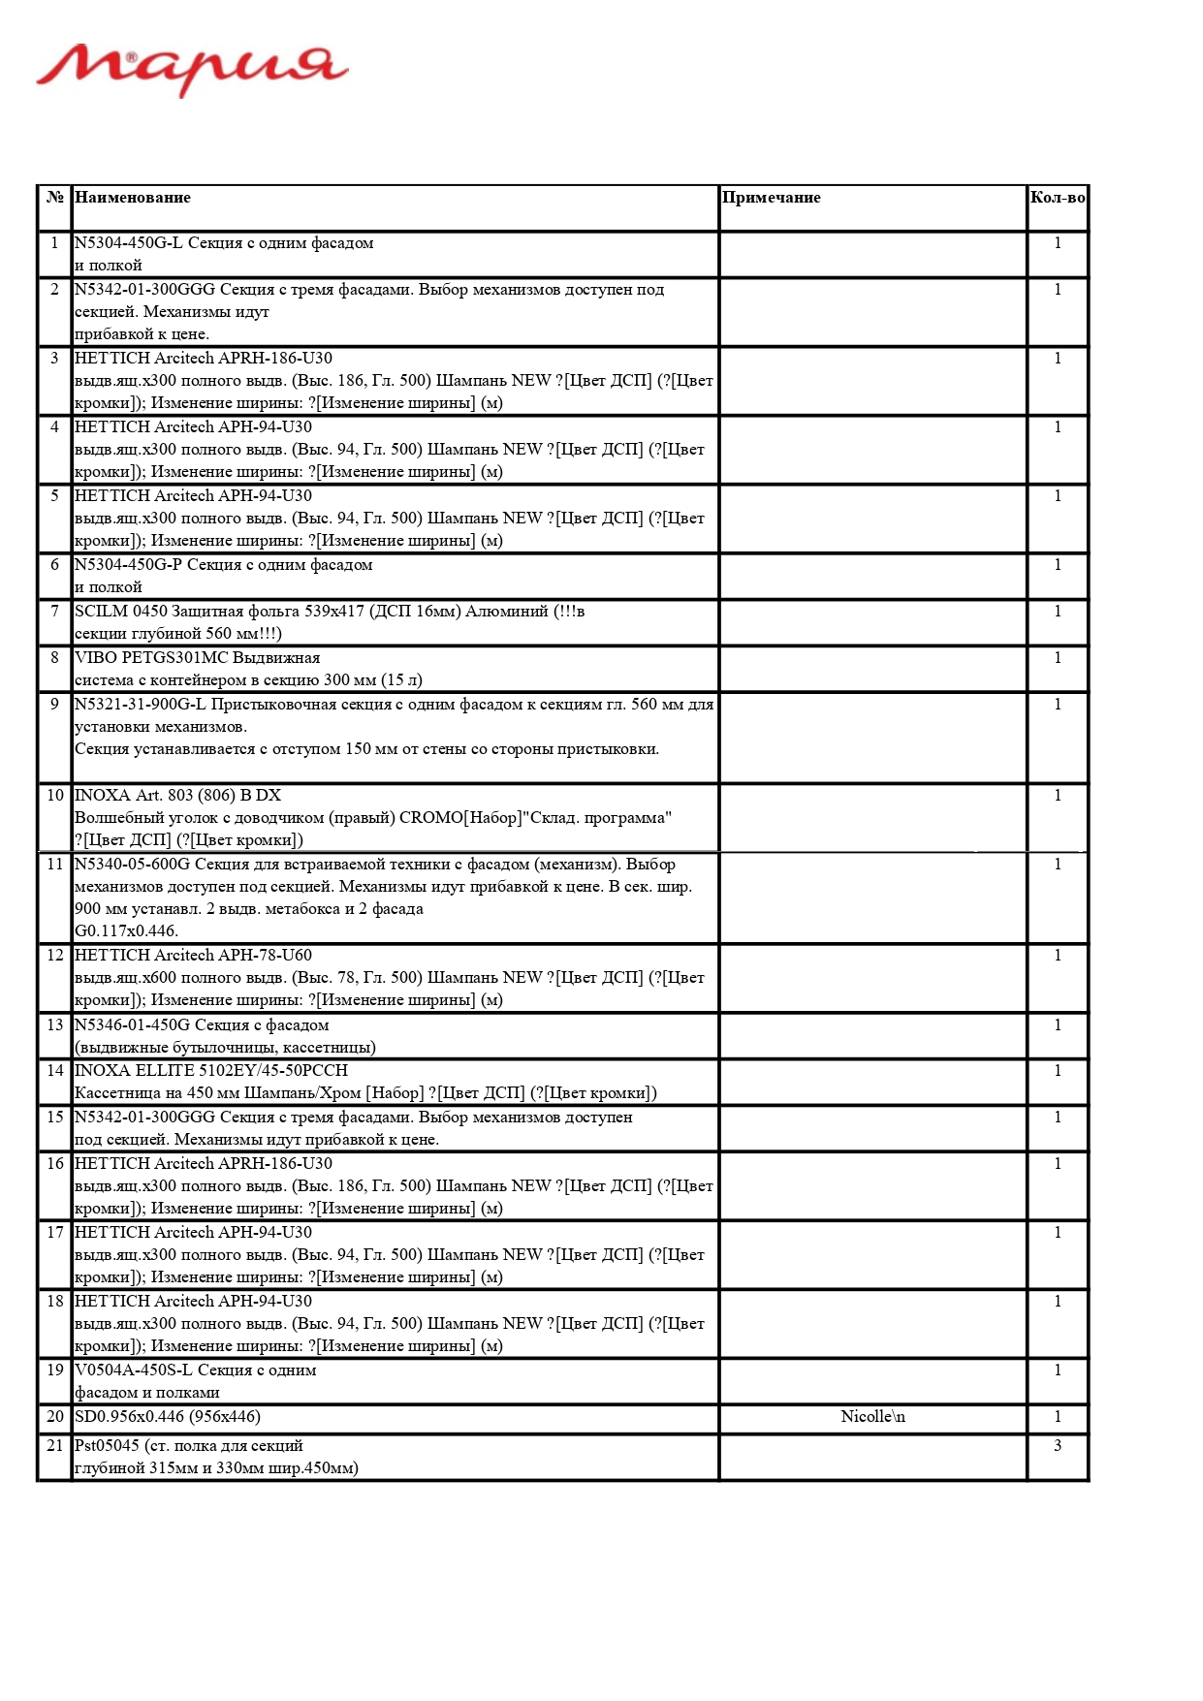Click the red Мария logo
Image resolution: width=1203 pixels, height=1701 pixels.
[x=192, y=69]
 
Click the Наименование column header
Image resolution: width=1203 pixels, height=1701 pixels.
[x=133, y=198]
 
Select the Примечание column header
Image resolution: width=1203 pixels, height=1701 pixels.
[x=771, y=198]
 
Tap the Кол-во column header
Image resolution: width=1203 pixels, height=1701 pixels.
[x=1057, y=198]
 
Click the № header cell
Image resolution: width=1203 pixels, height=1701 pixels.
[x=55, y=198]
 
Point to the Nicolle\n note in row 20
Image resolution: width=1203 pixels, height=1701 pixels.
[x=872, y=1417]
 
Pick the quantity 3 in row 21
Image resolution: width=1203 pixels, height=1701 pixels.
[x=1057, y=1446]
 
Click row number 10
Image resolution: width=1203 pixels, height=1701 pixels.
[x=55, y=796]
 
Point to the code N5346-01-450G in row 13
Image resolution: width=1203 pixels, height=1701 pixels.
[x=132, y=1025]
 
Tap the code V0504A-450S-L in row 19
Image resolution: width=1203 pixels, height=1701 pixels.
[x=133, y=1370]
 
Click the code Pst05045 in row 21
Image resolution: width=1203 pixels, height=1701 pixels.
[x=107, y=1446]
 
